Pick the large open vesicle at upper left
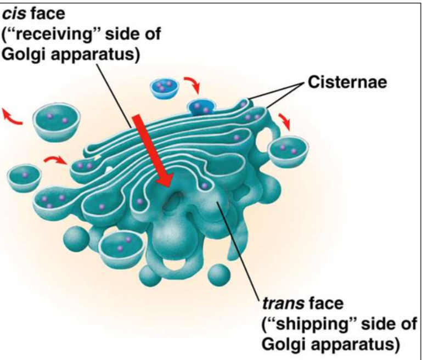coord(57,122)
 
